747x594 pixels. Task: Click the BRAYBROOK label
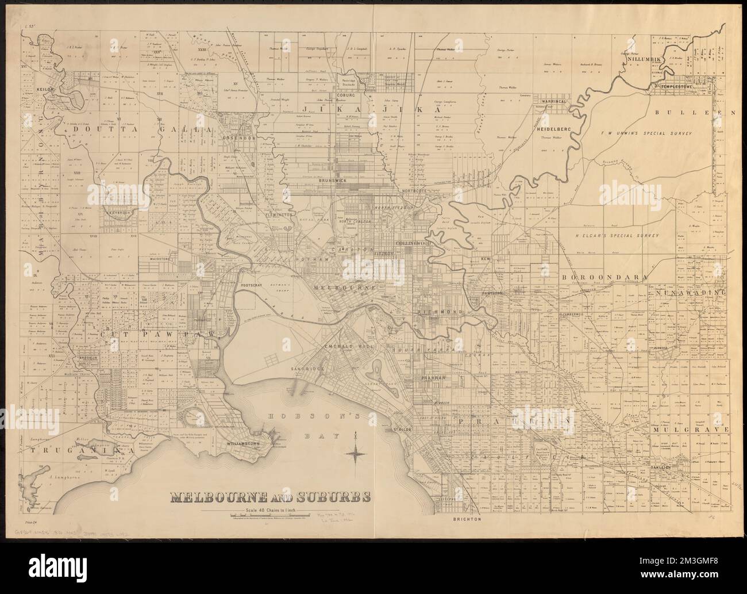click(x=117, y=212)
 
